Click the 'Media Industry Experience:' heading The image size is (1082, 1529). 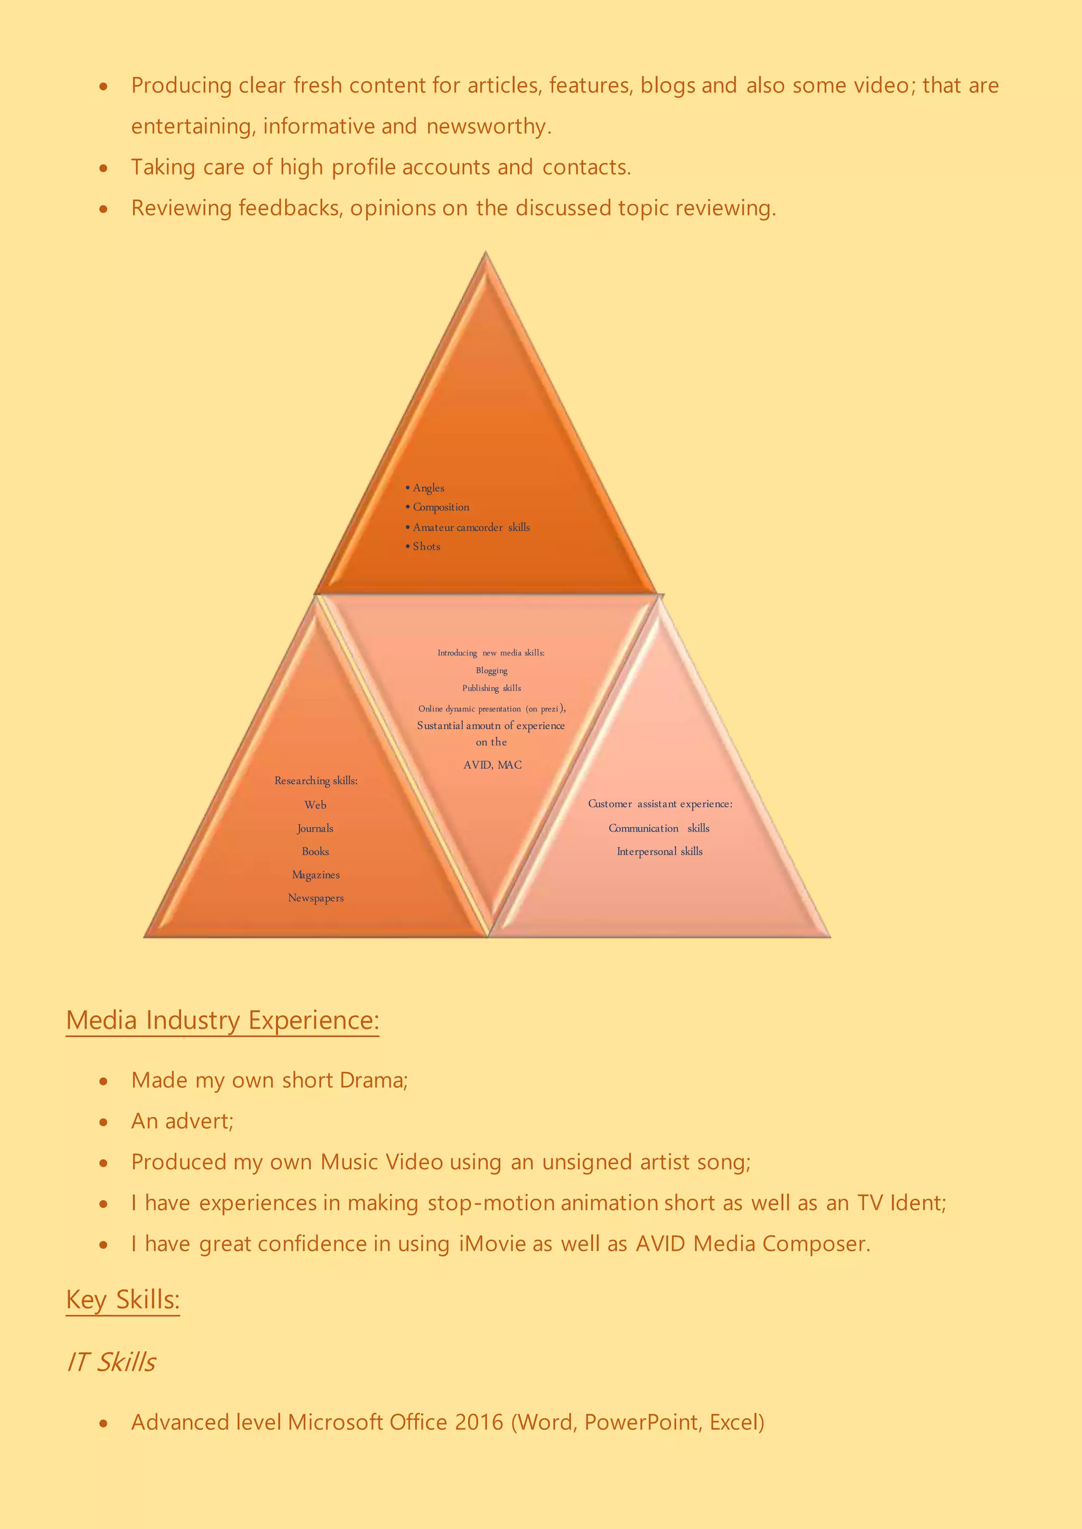222,1020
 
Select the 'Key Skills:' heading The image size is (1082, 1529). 123,1299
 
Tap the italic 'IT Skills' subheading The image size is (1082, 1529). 111,1362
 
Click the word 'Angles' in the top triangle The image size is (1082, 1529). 428,488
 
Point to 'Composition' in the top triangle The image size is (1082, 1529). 441,507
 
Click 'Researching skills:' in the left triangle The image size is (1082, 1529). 316,780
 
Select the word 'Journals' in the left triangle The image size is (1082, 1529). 315,828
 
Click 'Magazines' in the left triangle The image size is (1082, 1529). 316,875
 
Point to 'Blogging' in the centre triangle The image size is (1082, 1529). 492,671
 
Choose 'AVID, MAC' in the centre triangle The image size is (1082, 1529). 492,765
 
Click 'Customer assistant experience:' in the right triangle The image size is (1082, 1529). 659,804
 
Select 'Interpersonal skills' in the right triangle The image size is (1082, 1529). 659,852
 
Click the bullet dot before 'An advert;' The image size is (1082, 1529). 103,1122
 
